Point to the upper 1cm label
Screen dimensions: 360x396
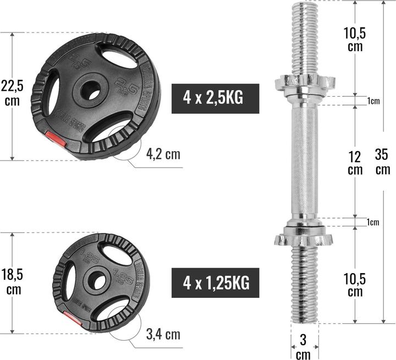373,101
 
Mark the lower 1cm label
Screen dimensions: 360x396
373,222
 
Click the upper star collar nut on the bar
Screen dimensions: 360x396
304,82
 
